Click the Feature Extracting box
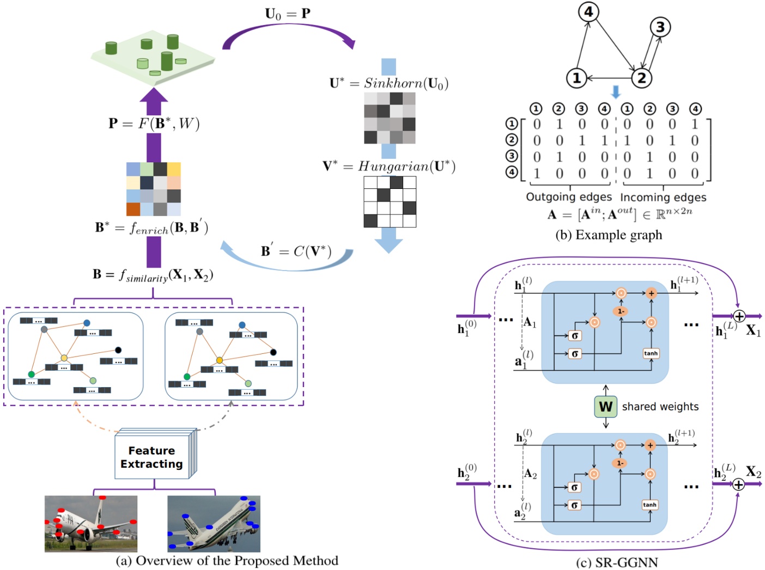(x=152, y=457)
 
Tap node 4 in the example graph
(x=588, y=12)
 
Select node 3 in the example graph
(x=660, y=27)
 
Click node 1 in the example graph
(x=576, y=78)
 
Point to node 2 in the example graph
(x=641, y=78)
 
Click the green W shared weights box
(x=605, y=407)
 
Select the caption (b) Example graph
(x=608, y=235)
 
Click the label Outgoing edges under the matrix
(x=568, y=197)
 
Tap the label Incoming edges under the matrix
(x=663, y=197)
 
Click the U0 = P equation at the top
(x=288, y=14)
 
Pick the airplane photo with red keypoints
(x=91, y=524)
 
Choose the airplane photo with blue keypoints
(x=214, y=524)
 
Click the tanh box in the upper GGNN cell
(x=651, y=353)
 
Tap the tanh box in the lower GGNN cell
(x=649, y=505)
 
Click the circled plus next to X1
(x=739, y=316)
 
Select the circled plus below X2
(x=738, y=484)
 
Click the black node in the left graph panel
(x=118, y=350)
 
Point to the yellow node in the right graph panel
(x=220, y=360)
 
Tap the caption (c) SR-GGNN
(x=617, y=562)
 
